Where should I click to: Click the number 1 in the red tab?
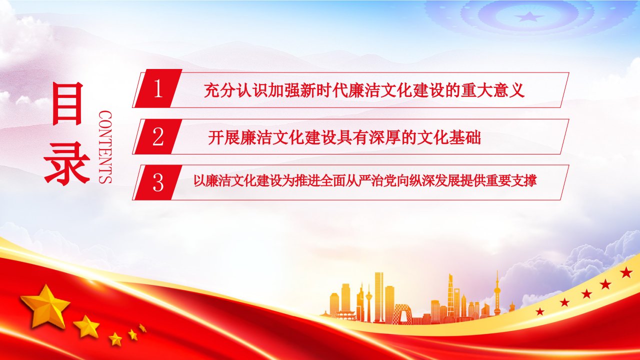click(x=158, y=88)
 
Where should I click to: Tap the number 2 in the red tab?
click(x=157, y=136)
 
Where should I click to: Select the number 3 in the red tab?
click(x=158, y=182)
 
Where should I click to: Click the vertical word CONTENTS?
click(x=105, y=147)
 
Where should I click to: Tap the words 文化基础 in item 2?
click(x=449, y=137)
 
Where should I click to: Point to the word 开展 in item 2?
click(x=223, y=137)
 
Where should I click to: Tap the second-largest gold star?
click(x=86, y=326)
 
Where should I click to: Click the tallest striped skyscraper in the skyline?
click(x=379, y=296)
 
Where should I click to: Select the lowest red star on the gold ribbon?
click(x=539, y=311)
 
